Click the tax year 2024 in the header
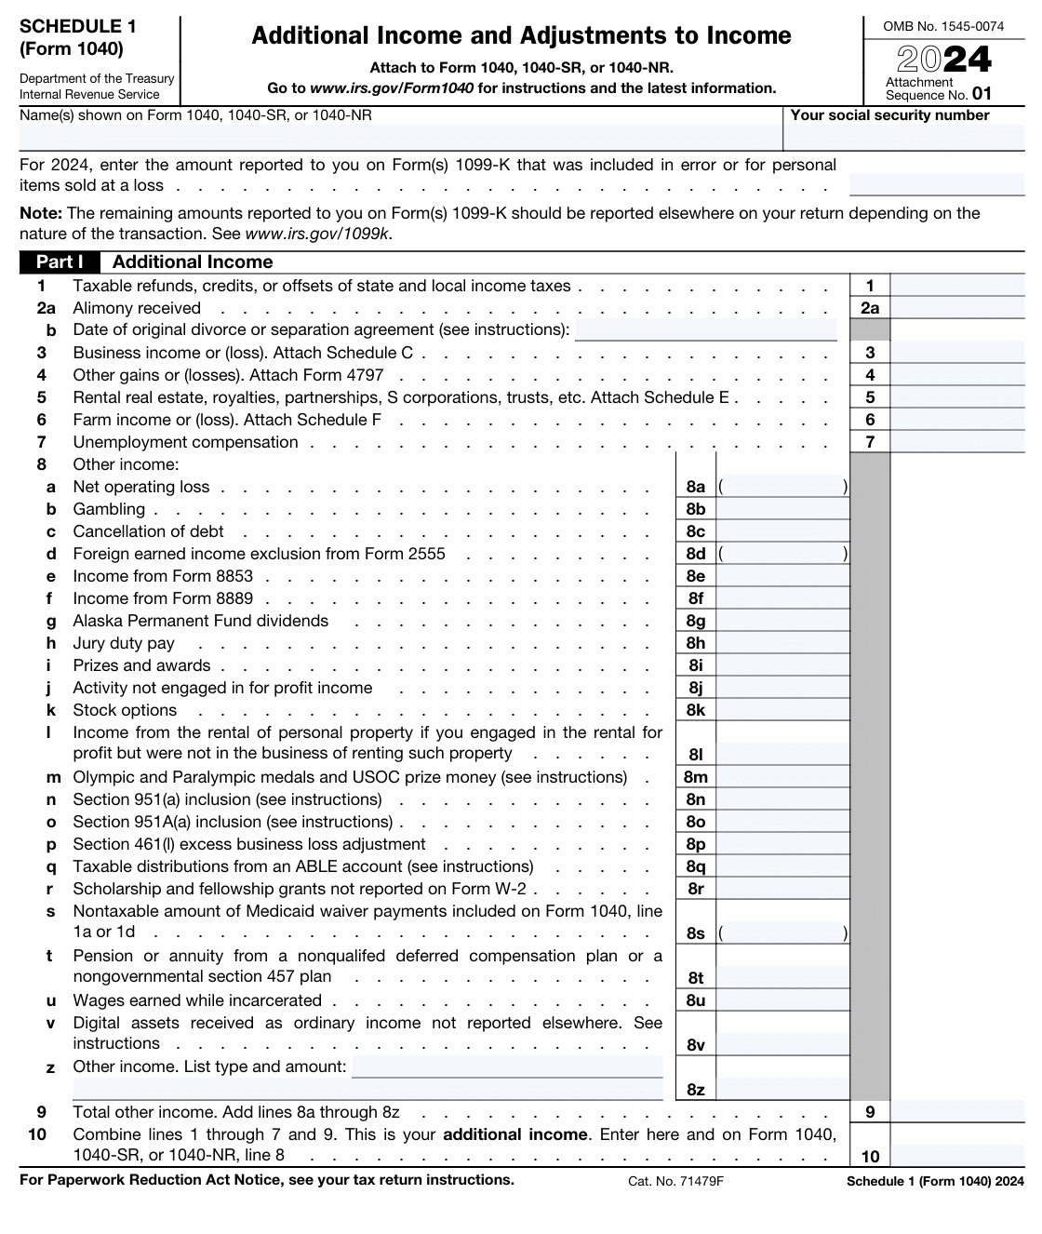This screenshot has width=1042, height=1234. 944,60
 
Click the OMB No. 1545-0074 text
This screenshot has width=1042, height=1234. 943,26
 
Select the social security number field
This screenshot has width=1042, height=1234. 904,138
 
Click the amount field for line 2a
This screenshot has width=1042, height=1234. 957,308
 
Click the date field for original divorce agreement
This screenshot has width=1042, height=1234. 705,330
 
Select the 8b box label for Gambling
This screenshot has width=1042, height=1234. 695,509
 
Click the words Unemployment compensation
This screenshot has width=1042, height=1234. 185,442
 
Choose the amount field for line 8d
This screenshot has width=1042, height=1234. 781,554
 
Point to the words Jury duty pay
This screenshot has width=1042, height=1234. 124,643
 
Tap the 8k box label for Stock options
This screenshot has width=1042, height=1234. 695,710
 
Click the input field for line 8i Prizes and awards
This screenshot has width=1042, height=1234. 781,665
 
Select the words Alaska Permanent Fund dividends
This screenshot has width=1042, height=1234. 200,621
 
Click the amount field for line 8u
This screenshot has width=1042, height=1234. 781,1000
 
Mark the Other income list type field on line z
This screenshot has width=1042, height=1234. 507,1066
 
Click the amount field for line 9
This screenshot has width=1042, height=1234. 957,1112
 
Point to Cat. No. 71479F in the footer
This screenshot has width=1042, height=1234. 675,1181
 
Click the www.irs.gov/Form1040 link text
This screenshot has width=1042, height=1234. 391,88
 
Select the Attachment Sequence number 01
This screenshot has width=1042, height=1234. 982,94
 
